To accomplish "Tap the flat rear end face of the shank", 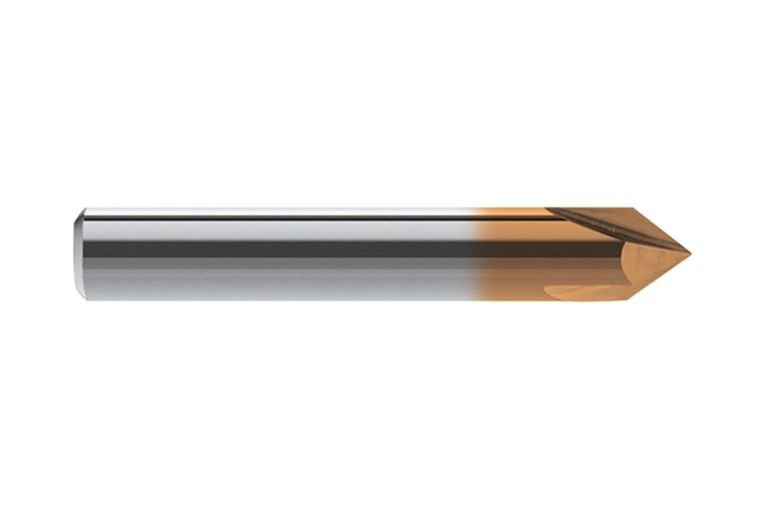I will pyautogui.click(x=77, y=254).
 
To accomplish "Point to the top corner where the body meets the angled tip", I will pyautogui.click(x=633, y=209).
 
